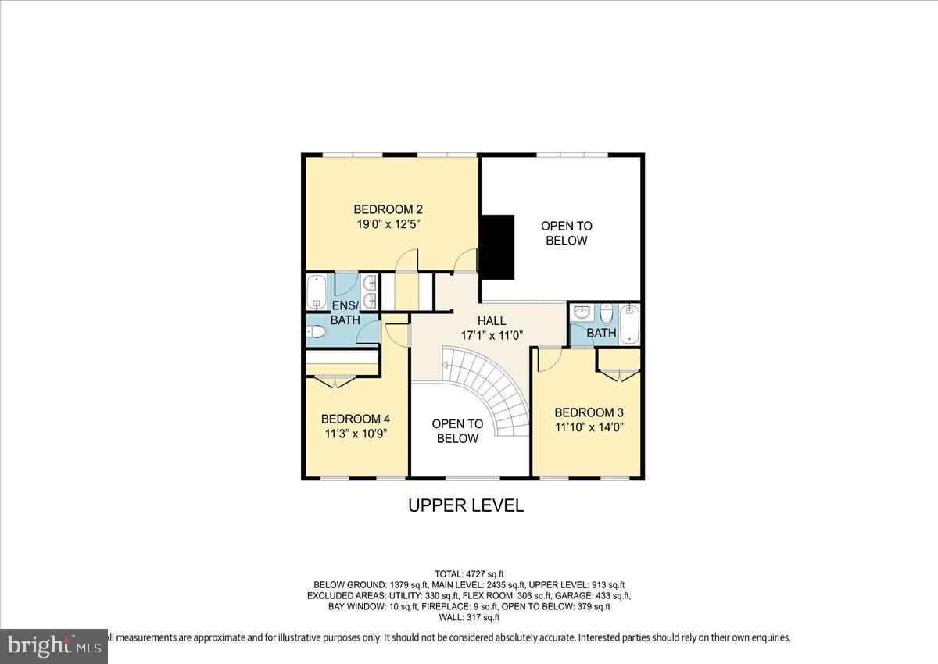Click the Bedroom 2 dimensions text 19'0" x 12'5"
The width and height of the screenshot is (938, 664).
[388, 225]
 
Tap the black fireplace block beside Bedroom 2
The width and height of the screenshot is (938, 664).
[497, 247]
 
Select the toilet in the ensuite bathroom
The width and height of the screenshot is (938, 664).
[316, 332]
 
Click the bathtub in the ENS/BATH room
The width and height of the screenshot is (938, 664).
[317, 292]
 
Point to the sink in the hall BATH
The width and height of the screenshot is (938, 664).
[582, 312]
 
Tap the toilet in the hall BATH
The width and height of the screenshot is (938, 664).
[607, 314]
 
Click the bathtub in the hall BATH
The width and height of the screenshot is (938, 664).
[629, 325]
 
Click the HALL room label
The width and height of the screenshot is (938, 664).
[492, 321]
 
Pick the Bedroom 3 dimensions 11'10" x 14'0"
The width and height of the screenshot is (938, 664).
[589, 427]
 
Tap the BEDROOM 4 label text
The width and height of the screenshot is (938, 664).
[356, 419]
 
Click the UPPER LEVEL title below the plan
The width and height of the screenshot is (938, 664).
[466, 505]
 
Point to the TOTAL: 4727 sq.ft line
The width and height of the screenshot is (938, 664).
[469, 574]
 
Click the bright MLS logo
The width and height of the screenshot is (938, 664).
[54, 646]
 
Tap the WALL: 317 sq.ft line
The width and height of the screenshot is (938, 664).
[469, 617]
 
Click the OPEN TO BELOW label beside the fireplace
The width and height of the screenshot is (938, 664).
[567, 233]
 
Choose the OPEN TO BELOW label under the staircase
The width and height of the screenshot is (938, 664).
[457, 431]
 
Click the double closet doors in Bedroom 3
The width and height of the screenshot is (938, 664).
[619, 375]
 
